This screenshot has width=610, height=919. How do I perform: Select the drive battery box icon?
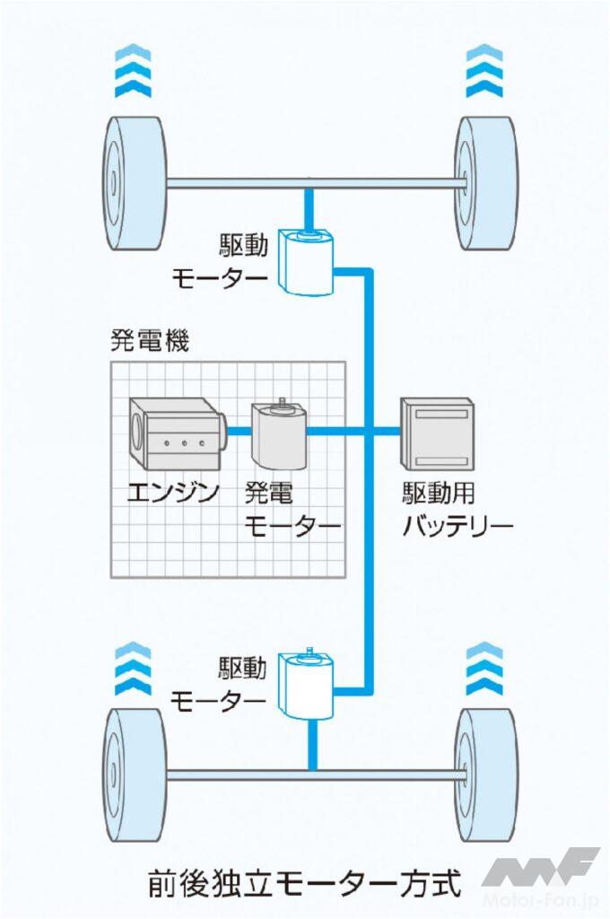437,433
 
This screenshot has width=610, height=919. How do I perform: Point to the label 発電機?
150,341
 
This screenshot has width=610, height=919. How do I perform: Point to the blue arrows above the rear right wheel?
485,668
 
